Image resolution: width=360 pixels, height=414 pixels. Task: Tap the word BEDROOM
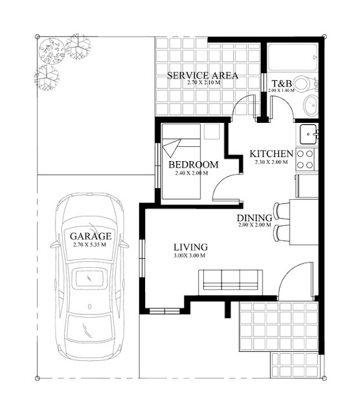click(x=193, y=165)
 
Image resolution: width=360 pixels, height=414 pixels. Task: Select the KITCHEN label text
click(x=272, y=154)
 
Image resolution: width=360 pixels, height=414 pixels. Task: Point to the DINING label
click(x=253, y=218)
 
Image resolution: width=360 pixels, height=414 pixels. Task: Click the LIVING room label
click(x=190, y=247)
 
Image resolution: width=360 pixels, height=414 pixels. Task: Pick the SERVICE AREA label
click(x=203, y=76)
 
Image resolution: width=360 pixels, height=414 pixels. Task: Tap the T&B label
click(x=281, y=83)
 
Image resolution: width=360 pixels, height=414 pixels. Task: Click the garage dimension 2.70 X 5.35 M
click(x=91, y=245)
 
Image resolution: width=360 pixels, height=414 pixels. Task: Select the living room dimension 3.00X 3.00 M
click(x=190, y=256)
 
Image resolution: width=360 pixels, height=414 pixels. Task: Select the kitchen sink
click(x=308, y=135)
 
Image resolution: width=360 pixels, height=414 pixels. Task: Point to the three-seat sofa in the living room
click(x=230, y=279)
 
